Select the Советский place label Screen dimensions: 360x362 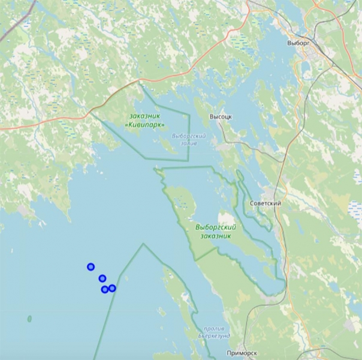click(x=265, y=203)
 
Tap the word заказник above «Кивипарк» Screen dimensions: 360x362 click(x=146, y=115)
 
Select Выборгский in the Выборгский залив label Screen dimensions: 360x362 click(x=189, y=136)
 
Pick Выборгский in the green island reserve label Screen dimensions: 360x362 click(x=216, y=227)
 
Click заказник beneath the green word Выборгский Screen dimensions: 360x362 click(x=216, y=236)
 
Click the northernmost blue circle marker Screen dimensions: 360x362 click(x=90, y=267)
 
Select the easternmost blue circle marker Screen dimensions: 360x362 click(x=112, y=289)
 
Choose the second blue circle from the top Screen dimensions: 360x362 click(x=102, y=278)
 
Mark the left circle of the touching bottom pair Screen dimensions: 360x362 click(x=105, y=290)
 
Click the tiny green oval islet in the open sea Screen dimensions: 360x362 click(x=29, y=319)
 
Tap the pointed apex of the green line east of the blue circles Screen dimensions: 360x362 click(x=143, y=244)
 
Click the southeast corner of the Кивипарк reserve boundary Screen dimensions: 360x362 click(x=189, y=160)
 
